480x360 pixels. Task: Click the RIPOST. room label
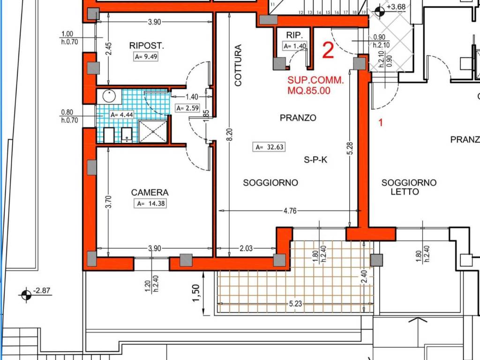click(x=147, y=45)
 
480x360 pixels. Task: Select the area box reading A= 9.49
click(x=146, y=57)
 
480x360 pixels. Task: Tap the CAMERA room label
click(x=150, y=192)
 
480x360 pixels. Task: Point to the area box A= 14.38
click(x=150, y=203)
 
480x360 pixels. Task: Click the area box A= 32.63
click(x=270, y=147)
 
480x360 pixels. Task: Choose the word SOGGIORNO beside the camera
click(x=270, y=183)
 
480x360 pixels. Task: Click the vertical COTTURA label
click(x=238, y=65)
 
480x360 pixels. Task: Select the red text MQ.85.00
click(x=309, y=90)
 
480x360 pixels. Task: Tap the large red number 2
click(x=328, y=51)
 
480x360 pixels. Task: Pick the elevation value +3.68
click(x=396, y=7)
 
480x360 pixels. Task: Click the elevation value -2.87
click(x=41, y=290)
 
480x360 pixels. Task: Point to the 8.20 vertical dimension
click(x=230, y=135)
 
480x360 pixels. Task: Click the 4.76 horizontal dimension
click(x=290, y=210)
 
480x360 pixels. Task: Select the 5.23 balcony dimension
click(x=295, y=304)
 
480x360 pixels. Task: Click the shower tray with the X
click(x=153, y=132)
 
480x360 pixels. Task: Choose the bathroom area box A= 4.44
click(x=122, y=115)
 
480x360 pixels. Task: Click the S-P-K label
click(x=315, y=159)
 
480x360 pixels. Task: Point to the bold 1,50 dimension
click(x=196, y=293)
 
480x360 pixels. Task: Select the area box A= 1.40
click(x=295, y=46)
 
